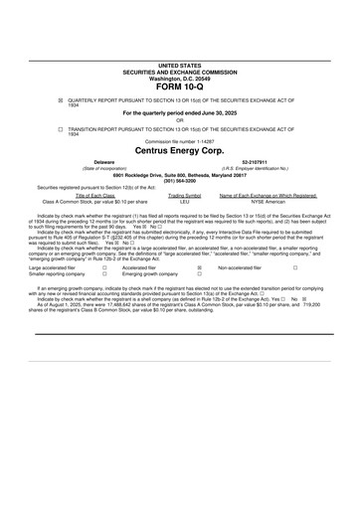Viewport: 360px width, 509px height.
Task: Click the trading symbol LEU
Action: pos(184,201)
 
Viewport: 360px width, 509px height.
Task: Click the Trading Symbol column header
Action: pos(184,195)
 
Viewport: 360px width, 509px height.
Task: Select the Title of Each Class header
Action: pos(94,195)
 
